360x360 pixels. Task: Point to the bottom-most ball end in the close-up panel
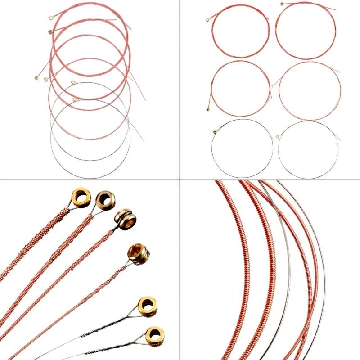point(154,335)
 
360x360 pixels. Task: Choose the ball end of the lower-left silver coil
point(215,132)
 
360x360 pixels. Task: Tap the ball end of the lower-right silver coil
point(276,136)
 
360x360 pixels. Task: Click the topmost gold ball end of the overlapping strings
point(51,18)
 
